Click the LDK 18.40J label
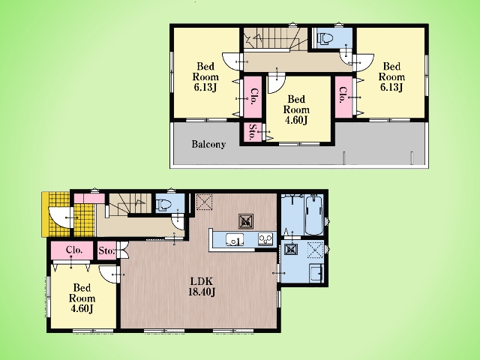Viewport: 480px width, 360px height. point(202,286)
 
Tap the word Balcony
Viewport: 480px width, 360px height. point(208,144)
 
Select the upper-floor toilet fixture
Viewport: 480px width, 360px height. point(325,38)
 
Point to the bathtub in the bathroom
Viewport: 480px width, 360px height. point(313,214)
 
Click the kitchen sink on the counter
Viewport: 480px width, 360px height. point(235,239)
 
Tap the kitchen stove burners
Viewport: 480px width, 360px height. point(265,238)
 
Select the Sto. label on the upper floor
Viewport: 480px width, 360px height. point(253,133)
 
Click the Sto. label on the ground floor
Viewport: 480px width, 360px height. point(106,250)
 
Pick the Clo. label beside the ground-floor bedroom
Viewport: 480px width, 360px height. point(74,250)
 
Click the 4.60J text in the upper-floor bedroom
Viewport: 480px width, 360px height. point(296,120)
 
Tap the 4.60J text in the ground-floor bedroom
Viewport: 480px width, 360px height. point(82,308)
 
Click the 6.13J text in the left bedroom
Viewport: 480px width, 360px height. point(205,87)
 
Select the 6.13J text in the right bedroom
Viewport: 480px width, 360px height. point(391,87)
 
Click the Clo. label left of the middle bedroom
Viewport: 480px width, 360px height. point(253,97)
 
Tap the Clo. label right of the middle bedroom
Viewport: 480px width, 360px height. point(343,95)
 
